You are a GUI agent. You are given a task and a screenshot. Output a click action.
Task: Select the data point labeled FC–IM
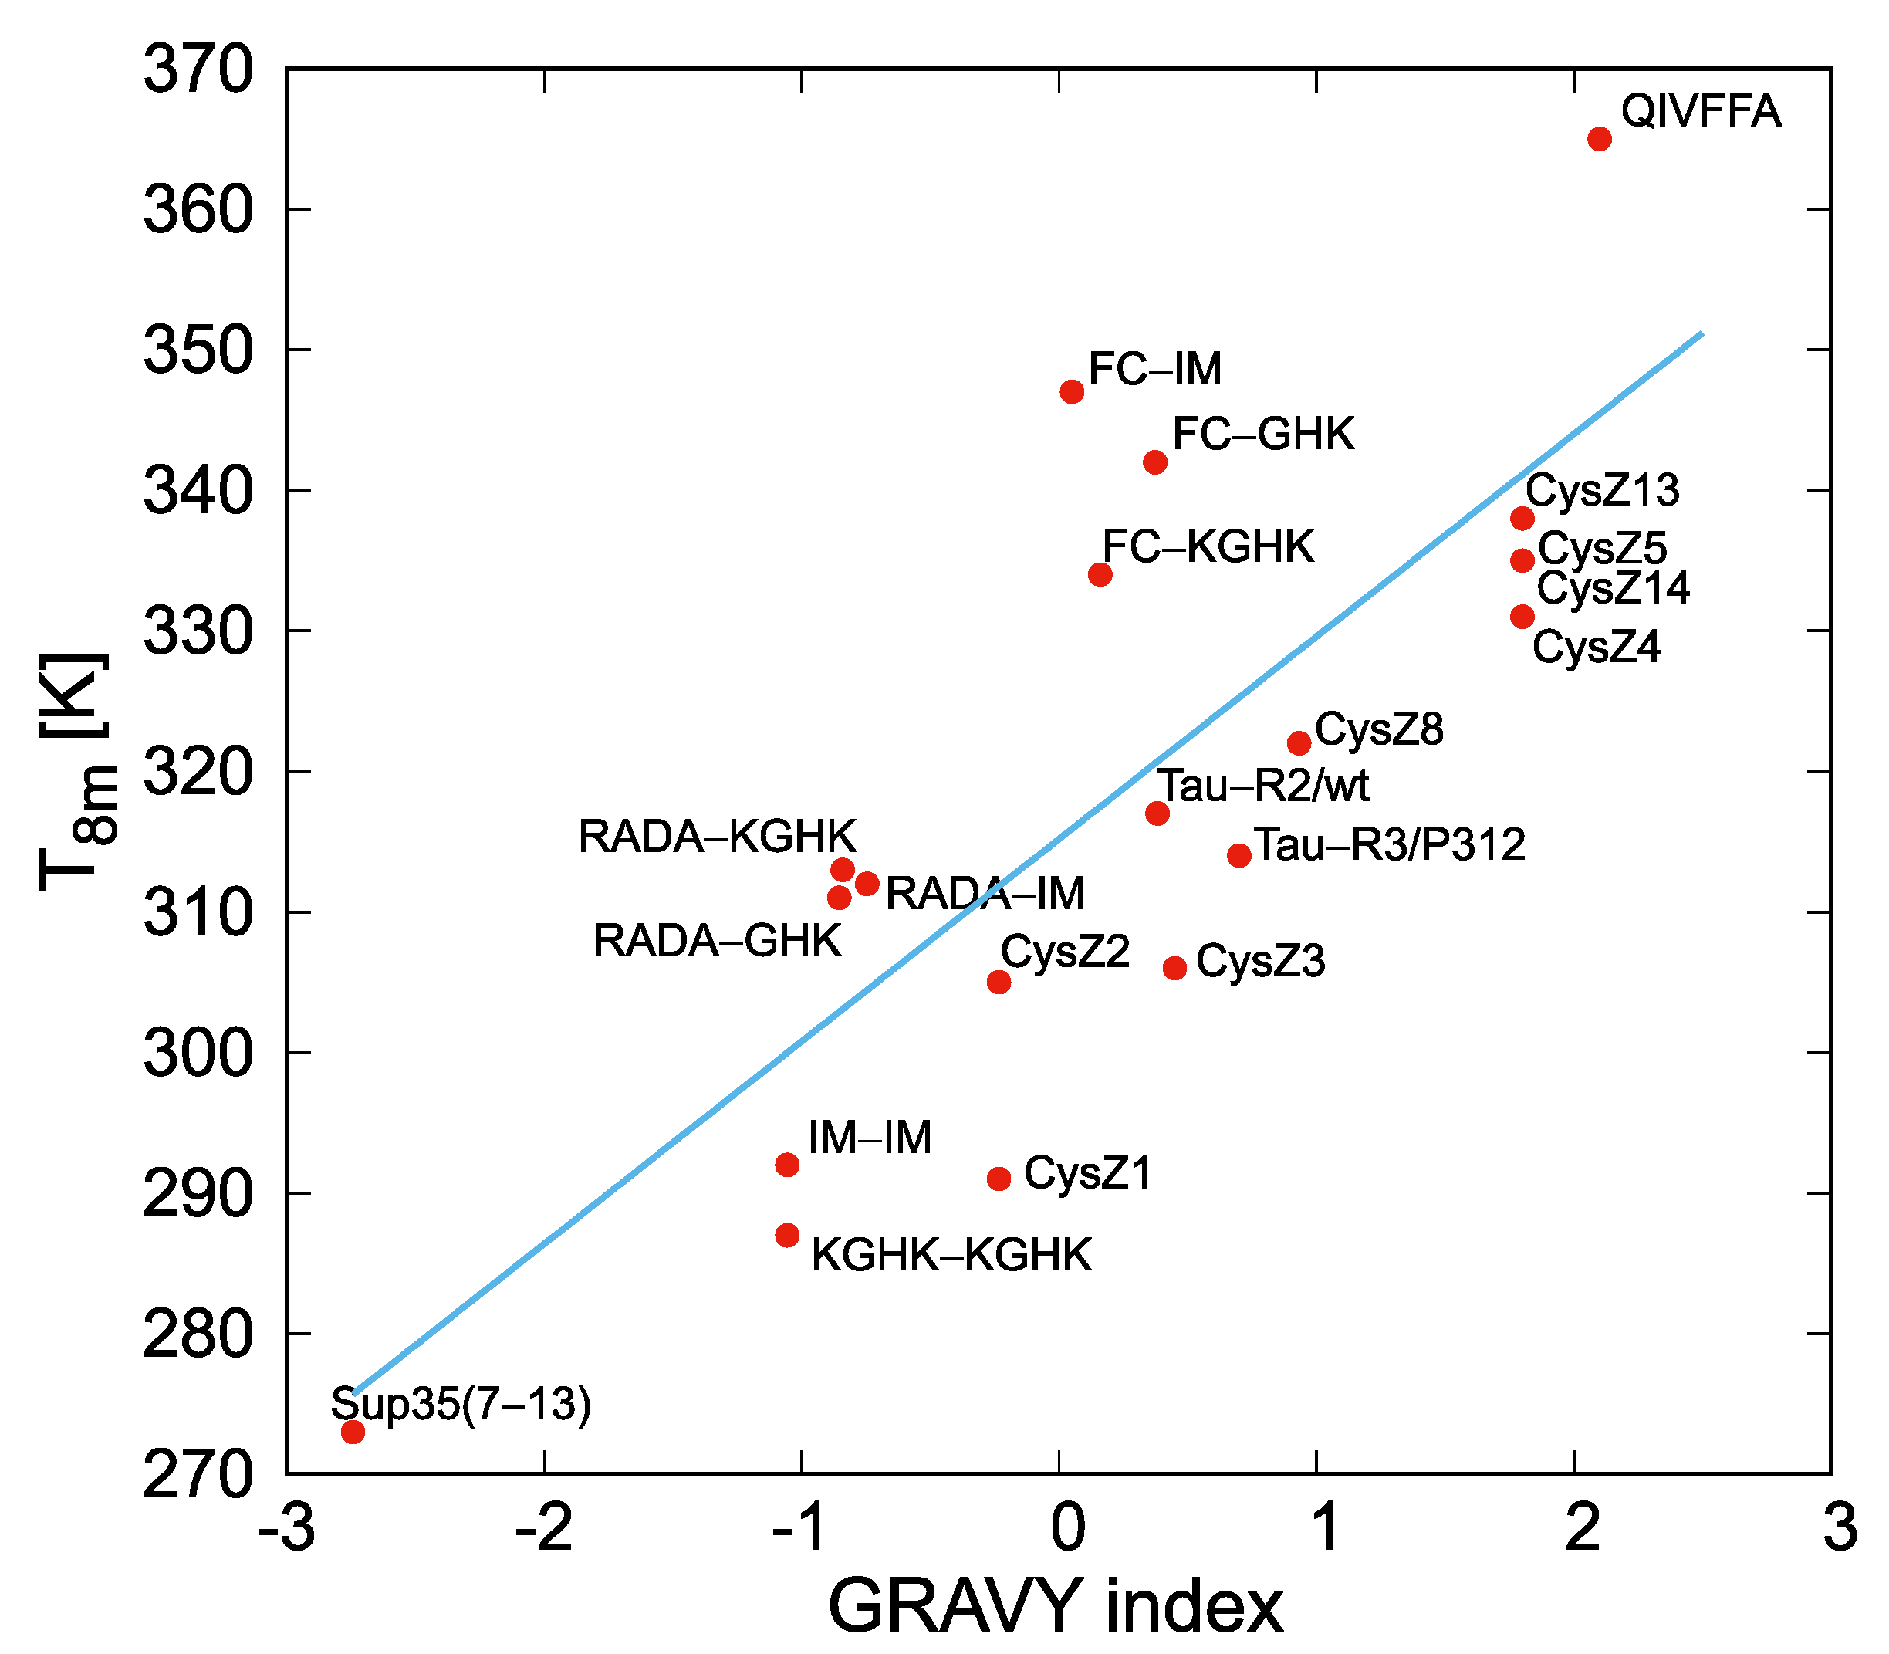1071,392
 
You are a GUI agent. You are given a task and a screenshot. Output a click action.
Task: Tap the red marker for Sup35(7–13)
353,1432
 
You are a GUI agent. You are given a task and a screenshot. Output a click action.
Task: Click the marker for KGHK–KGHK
787,1235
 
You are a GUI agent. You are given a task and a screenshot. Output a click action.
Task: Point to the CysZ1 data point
999,1179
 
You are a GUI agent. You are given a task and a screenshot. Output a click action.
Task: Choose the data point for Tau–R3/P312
1239,856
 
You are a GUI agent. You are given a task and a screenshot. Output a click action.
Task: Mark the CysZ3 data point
1174,968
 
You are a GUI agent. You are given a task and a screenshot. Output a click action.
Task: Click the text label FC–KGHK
1208,546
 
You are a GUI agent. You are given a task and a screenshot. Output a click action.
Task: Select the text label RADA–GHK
717,942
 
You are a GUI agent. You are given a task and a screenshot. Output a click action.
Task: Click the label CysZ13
1602,490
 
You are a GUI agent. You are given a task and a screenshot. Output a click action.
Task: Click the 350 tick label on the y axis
198,352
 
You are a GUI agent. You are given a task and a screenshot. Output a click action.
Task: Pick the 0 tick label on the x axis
1068,1528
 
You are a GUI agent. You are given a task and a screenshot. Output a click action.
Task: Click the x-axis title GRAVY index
1056,1607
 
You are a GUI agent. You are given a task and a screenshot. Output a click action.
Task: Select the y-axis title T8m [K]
79,772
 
